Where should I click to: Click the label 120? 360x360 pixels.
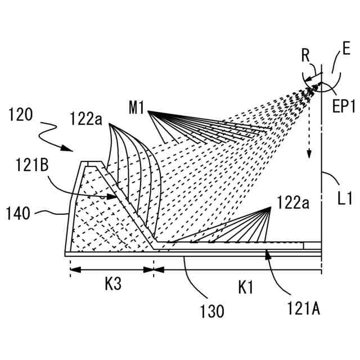point(21,115)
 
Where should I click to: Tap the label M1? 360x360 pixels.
point(137,107)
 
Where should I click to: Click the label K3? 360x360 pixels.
point(113,285)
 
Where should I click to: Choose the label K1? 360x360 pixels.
point(246,288)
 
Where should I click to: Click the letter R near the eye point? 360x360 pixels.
point(305,56)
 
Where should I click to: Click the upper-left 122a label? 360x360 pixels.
point(88,119)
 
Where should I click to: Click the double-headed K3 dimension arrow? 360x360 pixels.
point(112,269)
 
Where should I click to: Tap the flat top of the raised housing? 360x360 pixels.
point(87,164)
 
